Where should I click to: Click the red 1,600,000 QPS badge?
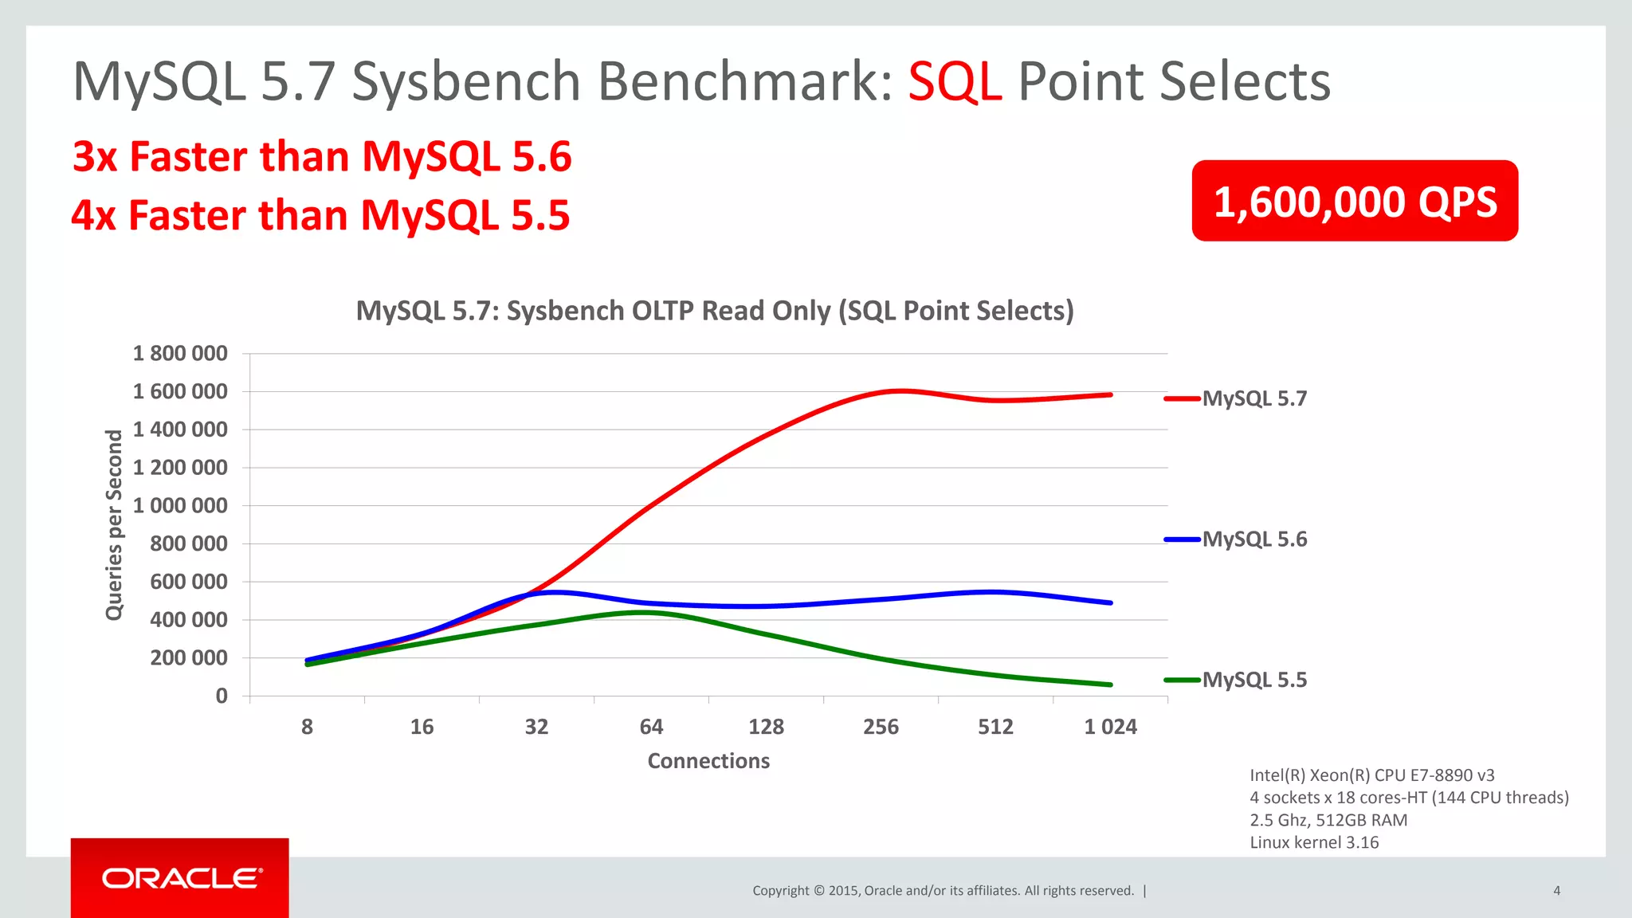[1354, 201]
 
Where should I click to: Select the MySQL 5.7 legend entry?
[1253, 398]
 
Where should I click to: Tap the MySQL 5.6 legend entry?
[1253, 539]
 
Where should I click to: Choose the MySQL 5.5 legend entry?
[1253, 680]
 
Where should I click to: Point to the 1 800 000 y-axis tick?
[180, 353]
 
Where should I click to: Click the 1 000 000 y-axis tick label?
[180, 505]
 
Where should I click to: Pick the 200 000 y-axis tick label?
[188, 657]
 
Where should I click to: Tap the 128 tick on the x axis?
[766, 727]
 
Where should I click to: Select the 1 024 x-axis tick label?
[1110, 727]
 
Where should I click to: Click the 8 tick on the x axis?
[307, 727]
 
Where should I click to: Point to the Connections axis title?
[708, 761]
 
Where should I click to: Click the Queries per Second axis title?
[115, 524]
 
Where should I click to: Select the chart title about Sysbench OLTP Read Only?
[715, 311]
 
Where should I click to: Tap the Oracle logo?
[181, 878]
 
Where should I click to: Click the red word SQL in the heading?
[955, 81]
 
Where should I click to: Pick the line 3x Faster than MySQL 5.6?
[322, 156]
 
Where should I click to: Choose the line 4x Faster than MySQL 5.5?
[320, 215]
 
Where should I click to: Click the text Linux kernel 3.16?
[1314, 842]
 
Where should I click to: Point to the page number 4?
[1556, 891]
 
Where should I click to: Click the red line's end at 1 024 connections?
[1110, 394]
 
